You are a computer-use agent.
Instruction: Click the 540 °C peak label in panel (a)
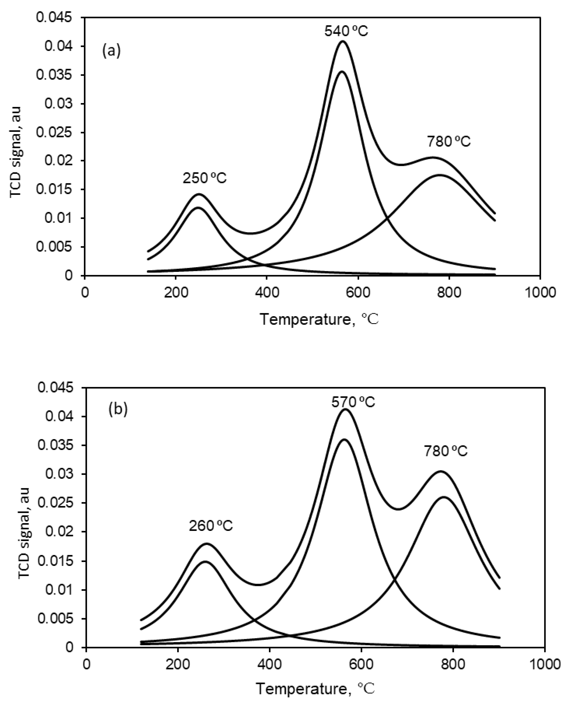[346, 31]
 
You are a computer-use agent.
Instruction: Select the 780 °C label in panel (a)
[448, 142]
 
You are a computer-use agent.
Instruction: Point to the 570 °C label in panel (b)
[353, 402]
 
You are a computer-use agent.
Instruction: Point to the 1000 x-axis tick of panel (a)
[540, 292]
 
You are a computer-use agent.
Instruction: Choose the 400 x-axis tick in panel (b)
[269, 665]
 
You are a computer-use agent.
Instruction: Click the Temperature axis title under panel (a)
[319, 319]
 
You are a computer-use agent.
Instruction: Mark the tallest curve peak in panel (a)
[343, 41]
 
